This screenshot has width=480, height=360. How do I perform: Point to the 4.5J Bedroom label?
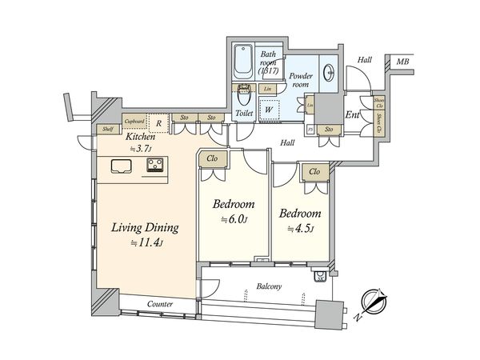click(x=300, y=214)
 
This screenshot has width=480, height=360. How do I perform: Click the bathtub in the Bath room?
click(x=244, y=62)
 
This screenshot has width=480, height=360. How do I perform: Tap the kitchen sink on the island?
click(x=122, y=166)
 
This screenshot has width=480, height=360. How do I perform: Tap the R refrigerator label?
click(x=160, y=123)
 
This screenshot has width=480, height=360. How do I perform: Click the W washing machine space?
click(x=270, y=109)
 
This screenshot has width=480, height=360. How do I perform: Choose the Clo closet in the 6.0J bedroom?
click(x=212, y=158)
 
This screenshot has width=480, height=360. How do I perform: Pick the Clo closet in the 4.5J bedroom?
click(x=314, y=170)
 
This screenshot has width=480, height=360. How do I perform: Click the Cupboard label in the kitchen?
click(x=134, y=121)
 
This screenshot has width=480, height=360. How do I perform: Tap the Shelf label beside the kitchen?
click(x=106, y=128)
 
